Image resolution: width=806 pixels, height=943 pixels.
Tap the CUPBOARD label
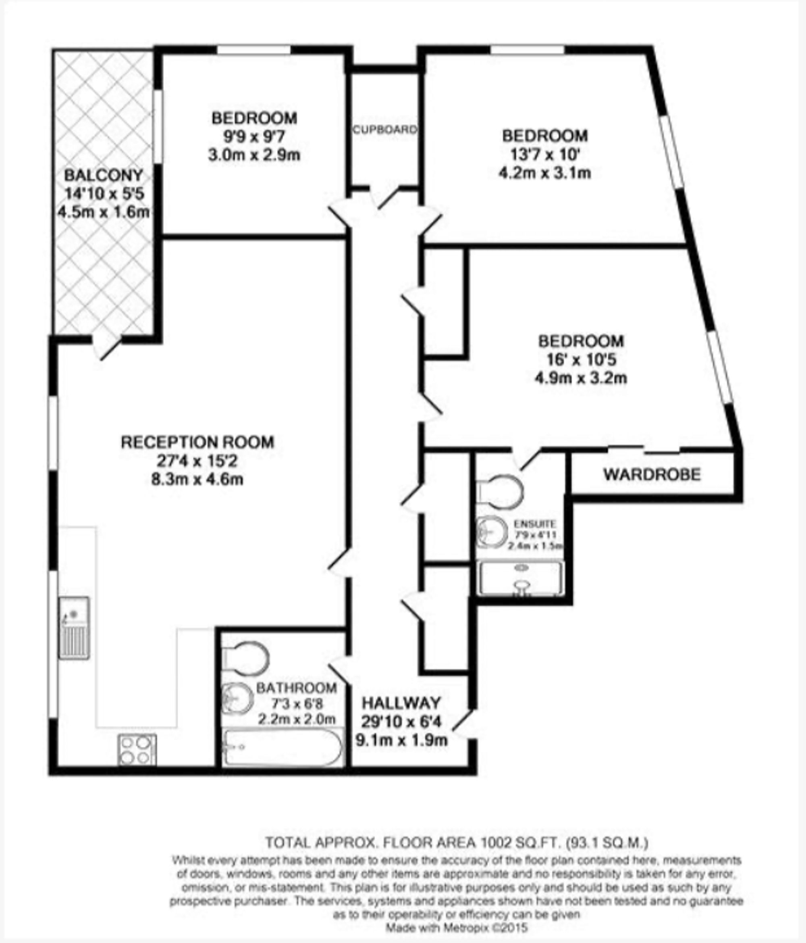click(385, 130)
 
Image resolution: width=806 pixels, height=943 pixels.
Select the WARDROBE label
click(652, 475)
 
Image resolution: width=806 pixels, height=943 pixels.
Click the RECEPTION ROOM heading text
click(197, 442)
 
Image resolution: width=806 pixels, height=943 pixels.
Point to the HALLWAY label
click(401, 703)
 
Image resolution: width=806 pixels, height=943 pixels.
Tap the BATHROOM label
click(296, 688)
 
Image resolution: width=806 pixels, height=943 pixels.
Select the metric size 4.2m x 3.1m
click(545, 173)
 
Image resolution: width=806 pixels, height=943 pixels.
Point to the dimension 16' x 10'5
click(581, 360)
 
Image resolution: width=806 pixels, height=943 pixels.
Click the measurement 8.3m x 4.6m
click(197, 480)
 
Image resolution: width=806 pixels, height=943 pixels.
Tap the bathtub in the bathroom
click(283, 748)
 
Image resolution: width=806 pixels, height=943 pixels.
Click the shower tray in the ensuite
click(520, 578)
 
